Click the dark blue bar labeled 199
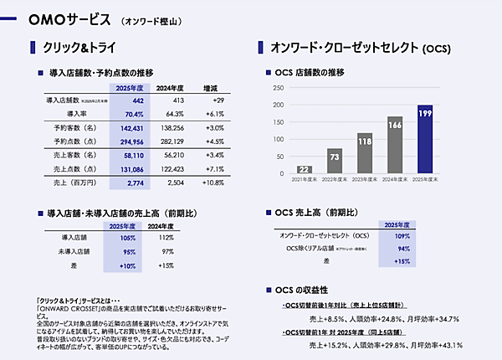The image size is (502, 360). pos(424,140)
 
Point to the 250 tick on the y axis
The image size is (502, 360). pos(279,88)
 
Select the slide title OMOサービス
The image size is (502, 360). pos(69,18)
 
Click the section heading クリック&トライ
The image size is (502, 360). pos(80,49)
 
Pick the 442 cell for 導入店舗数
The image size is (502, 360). pos(134,100)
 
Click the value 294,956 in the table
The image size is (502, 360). pos(131,141)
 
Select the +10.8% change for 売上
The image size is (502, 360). pos(211,182)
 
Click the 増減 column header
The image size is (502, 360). pos(211,88)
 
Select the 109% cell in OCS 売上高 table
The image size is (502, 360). pos(402,237)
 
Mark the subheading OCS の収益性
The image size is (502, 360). pos(310,290)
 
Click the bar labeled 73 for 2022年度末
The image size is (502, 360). pos(334,162)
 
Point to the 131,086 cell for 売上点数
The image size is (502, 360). pos(131,168)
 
